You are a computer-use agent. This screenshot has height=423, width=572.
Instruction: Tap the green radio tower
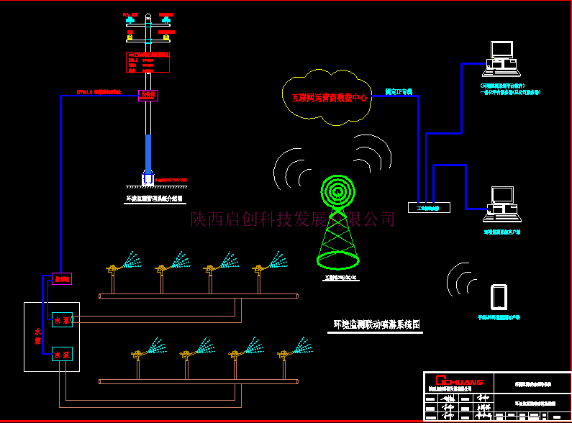coord(338,219)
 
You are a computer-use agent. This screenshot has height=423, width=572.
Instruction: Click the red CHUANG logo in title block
coord(453,380)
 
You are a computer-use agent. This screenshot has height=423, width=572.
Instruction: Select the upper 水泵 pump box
coord(62,320)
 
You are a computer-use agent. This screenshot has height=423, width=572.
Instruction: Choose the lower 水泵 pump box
coord(62,355)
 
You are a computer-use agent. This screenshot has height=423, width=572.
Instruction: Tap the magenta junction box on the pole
coord(147,95)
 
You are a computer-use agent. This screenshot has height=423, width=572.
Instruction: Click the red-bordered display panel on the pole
coord(147,62)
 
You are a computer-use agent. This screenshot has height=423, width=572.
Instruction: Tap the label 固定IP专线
coord(399,92)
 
